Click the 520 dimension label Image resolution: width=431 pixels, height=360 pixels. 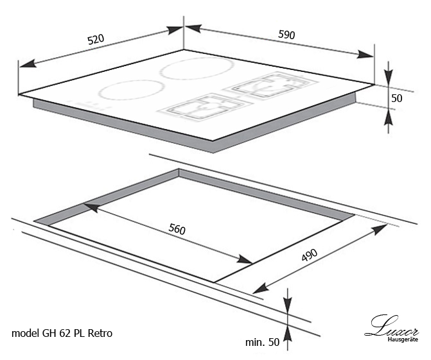[96, 39]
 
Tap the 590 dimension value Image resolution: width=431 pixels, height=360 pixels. [286, 34]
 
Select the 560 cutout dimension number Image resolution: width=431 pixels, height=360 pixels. [177, 229]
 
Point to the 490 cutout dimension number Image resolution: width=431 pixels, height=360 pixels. [310, 255]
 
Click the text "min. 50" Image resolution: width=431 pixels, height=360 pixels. [262, 342]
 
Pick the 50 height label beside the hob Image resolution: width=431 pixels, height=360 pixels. [397, 98]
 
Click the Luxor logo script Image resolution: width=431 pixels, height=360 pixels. [392, 326]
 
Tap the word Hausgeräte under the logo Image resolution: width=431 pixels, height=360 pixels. [403, 339]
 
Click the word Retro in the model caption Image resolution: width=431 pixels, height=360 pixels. [100, 333]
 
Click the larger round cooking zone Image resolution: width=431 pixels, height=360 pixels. [197, 68]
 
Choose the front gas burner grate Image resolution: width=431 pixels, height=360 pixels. [204, 108]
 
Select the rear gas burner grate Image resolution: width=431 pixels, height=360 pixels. [271, 85]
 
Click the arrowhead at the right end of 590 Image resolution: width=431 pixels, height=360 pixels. [365, 55]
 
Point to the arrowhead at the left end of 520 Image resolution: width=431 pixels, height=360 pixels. [28, 64]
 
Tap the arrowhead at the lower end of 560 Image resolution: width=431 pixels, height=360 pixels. [244, 260]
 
